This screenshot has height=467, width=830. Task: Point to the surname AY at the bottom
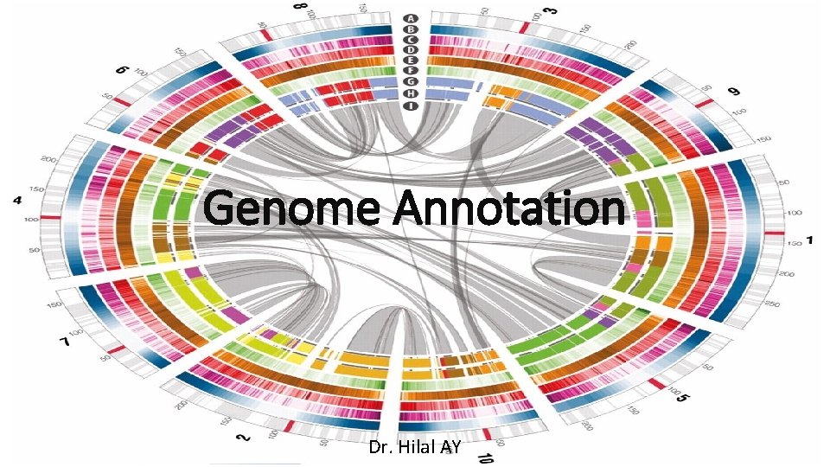tap(450, 447)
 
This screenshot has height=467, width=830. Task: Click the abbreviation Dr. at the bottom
tap(380, 447)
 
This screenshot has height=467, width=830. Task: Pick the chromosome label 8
tap(300, 8)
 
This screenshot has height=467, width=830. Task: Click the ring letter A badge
tap(413, 17)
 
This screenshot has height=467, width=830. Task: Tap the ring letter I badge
tap(413, 106)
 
